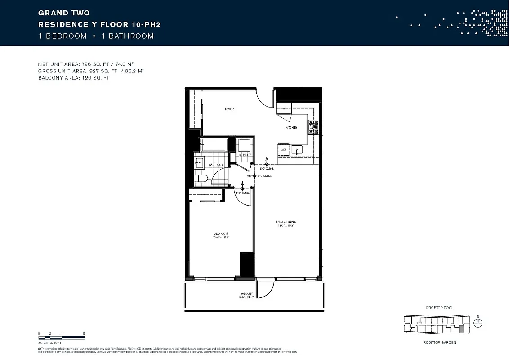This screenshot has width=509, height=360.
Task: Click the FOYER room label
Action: tap(229, 109)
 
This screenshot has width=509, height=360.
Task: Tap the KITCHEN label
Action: tap(291, 128)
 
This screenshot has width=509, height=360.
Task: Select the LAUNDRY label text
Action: tap(245, 155)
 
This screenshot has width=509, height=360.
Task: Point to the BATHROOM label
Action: tap(216, 165)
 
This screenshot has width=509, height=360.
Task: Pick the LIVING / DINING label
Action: tap(286, 222)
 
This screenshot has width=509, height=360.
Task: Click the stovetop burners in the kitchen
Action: tap(313, 127)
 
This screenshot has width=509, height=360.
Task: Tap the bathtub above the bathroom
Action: tap(214, 145)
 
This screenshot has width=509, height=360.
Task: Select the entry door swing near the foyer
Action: tap(265, 99)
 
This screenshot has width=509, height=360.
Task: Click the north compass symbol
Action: tap(478, 323)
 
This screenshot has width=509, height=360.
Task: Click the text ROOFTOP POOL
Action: tap(439, 308)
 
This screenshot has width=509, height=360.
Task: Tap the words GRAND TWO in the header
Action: tap(64, 13)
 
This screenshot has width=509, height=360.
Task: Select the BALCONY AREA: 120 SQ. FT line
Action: tap(74, 78)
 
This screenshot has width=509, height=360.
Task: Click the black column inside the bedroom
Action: tap(247, 265)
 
